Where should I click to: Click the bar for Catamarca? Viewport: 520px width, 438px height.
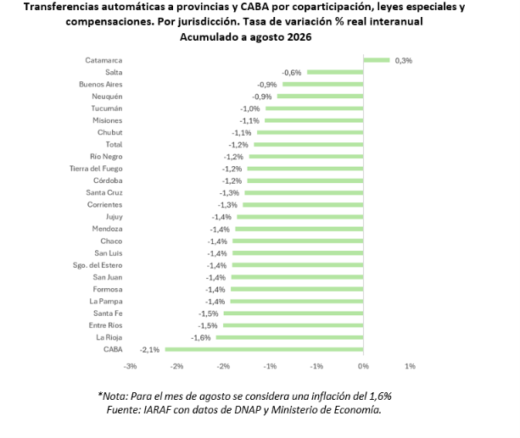click(377, 60)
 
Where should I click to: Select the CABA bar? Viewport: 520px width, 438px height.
click(265, 349)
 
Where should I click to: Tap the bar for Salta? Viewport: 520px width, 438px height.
click(335, 72)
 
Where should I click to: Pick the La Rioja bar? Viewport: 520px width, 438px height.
click(290, 337)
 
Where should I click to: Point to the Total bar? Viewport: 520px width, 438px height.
click(309, 145)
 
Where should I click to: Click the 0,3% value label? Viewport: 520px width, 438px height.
click(404, 61)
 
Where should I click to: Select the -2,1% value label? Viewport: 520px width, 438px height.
click(149, 350)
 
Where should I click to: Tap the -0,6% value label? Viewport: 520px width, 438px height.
click(292, 73)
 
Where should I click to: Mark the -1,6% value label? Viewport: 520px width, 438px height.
click(201, 338)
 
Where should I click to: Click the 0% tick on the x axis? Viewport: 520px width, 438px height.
click(363, 366)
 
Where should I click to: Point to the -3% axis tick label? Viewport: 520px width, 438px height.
click(130, 366)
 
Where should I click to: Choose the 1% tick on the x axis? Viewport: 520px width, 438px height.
click(411, 366)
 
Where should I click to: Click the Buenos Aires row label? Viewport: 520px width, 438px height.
click(101, 85)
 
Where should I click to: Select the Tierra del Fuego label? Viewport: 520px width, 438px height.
click(96, 169)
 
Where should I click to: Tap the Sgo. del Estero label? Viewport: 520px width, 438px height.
click(98, 265)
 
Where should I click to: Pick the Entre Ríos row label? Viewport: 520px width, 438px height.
click(105, 325)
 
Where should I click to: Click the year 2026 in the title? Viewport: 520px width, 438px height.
click(299, 36)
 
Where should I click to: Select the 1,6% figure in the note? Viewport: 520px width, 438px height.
click(380, 396)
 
